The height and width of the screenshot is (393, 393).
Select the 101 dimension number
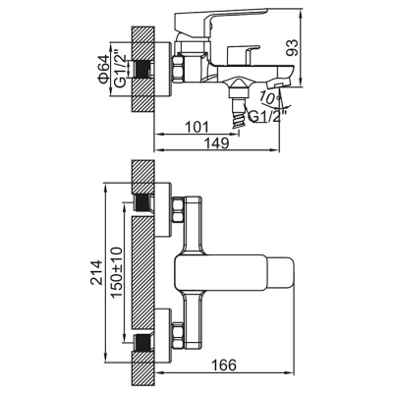[x=197, y=127]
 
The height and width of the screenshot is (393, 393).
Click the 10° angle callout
[x=268, y=96]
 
